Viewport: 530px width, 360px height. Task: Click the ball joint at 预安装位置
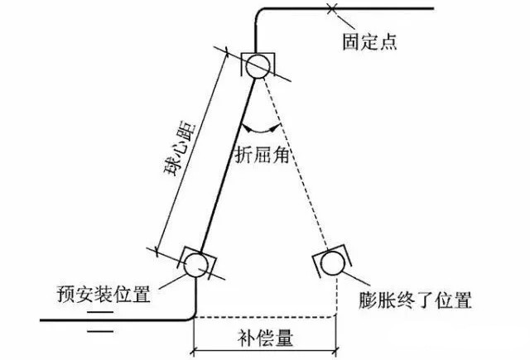pos(196,264)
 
